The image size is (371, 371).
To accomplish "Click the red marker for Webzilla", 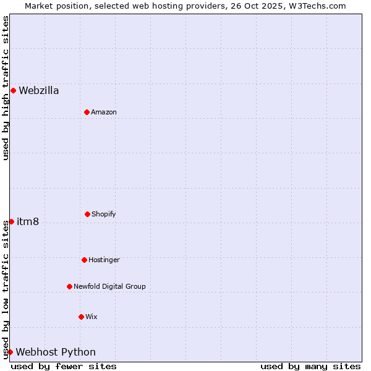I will pos(13,91).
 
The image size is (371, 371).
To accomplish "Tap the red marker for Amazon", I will pos(87,112).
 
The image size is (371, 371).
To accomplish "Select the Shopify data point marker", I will pos(87,214).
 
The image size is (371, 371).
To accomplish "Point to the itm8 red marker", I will pos(11,221).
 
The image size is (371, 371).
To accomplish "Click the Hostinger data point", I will pos(84,260).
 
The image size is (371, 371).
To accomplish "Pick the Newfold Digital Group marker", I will pos(69,286).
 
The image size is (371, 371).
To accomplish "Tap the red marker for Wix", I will pos(81,317).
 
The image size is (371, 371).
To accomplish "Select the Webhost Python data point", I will pos(10,352).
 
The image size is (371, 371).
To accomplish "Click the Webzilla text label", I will pos(39,91).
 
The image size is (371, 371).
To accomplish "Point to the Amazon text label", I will pos(104,113).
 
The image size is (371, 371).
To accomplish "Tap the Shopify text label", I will pos(104,215).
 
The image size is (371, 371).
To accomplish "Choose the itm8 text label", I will pos(28,222).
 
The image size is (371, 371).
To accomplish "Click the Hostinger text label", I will pos(104,260).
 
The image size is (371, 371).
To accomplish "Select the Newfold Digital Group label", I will pos(109,287).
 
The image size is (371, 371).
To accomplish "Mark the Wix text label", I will pos(92,317).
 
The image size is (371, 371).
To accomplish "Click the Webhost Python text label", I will pos(56,352).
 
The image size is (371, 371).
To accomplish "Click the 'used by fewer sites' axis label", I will pos(64,366).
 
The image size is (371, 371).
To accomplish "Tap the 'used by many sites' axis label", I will pos(310,366).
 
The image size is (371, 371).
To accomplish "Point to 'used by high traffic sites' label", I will pos(6,88).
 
